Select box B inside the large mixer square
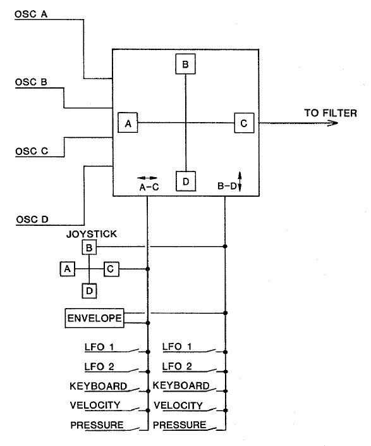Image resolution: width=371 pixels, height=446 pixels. coord(185,65)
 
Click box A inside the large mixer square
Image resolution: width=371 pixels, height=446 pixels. coord(128,123)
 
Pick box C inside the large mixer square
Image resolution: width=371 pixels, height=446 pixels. coord(244,123)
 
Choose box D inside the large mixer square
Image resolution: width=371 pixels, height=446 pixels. coord(185,182)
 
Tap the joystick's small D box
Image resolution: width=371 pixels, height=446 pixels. coord(89,290)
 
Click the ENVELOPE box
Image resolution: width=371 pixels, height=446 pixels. coord(94,318)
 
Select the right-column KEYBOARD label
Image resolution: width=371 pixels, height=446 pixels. coord(181,385)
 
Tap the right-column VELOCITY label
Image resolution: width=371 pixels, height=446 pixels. coord(178,405)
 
